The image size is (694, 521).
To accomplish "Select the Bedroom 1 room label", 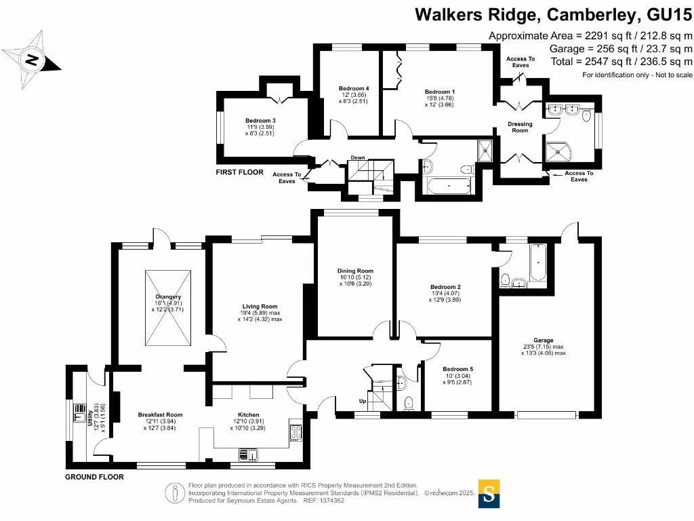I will point(439,92).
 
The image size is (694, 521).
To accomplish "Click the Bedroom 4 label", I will point(354,88).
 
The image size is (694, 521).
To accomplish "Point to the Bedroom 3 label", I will point(260,121).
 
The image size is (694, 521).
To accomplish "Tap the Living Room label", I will point(260,307).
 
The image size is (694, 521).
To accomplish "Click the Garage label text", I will point(544,341).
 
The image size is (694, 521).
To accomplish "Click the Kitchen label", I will point(248,414).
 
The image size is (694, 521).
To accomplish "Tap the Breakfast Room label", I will point(161,414).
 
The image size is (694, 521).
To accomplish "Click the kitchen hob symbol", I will point(297,430).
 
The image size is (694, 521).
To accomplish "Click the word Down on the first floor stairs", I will point(358,158).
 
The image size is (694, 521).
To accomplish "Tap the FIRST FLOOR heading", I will point(239,172).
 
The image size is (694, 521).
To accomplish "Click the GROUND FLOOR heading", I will point(94,477).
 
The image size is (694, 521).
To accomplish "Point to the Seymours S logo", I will point(490,494).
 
